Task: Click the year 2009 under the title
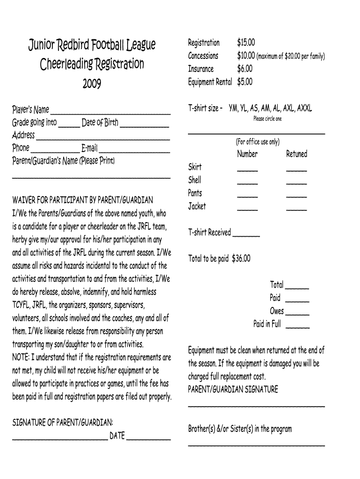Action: click(x=91, y=84)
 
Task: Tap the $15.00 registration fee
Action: click(x=246, y=43)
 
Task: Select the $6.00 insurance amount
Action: click(x=245, y=69)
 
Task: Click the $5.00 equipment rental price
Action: click(x=245, y=82)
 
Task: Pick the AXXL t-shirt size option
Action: click(x=305, y=108)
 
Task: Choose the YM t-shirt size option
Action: click(x=233, y=108)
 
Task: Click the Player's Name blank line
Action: click(x=110, y=113)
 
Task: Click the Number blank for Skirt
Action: click(x=247, y=170)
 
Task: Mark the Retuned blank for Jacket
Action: click(x=296, y=209)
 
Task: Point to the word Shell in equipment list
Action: click(x=194, y=180)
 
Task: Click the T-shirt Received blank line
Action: click(x=246, y=235)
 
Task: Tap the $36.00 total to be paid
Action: click(x=241, y=258)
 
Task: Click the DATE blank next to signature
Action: click(x=149, y=439)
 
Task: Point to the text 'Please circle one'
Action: click(x=267, y=119)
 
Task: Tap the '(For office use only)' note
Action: click(x=258, y=142)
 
